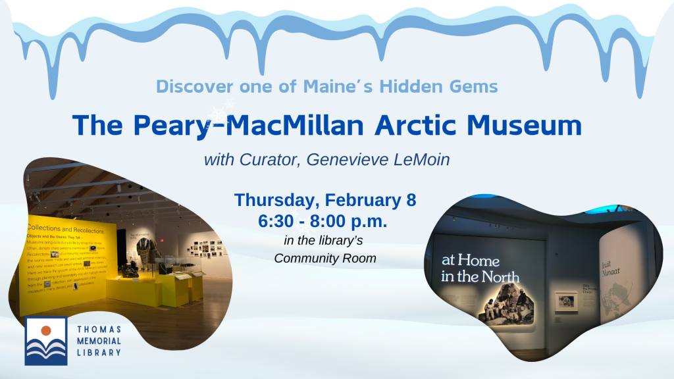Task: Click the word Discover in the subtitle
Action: tap(187, 86)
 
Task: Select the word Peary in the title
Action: tap(176, 125)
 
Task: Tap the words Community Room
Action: tap(325, 258)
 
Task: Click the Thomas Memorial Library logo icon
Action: tap(45, 341)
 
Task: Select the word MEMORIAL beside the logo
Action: tap(100, 341)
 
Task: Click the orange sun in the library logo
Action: tap(45, 330)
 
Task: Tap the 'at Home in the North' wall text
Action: tap(480, 268)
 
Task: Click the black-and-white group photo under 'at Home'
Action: tap(506, 303)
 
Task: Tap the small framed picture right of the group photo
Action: tap(565, 301)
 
